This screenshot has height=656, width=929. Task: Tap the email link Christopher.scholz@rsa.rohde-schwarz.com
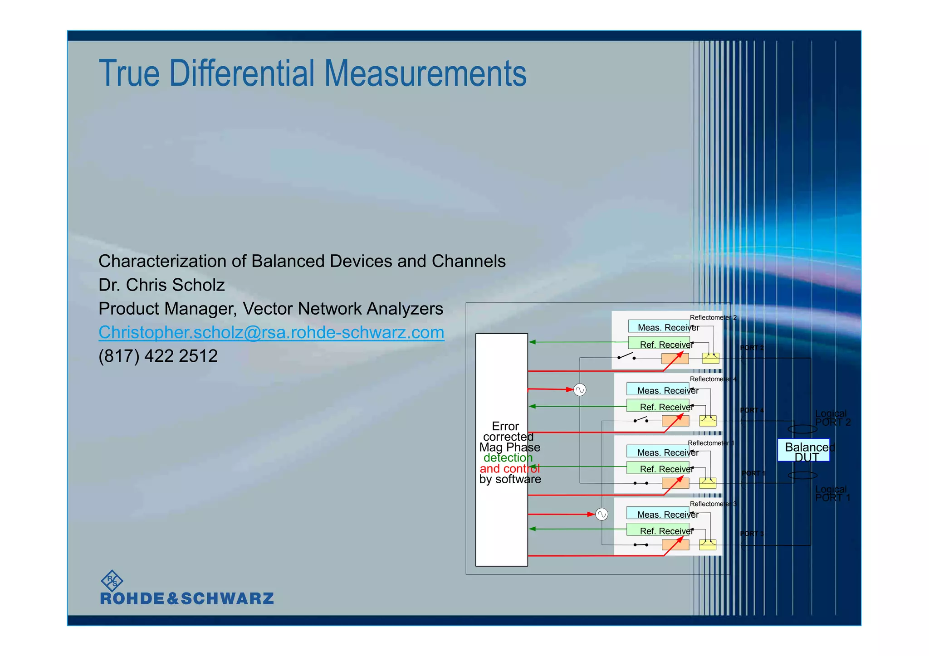tap(271, 332)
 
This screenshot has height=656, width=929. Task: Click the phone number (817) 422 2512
tap(158, 356)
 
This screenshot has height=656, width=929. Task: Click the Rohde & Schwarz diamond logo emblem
tap(111, 581)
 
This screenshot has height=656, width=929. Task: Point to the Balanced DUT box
tap(803, 450)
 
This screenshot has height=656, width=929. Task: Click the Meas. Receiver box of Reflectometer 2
tap(659, 326)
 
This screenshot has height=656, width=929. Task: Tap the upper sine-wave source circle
tap(580, 390)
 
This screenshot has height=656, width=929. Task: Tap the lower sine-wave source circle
tap(601, 515)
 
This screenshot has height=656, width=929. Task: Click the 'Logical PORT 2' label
tap(832, 418)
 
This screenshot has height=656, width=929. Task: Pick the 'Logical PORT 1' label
tap(832, 494)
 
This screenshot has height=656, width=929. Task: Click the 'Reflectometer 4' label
tap(713, 379)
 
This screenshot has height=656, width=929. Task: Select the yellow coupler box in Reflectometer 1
tap(708, 483)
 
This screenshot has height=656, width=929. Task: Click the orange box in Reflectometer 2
tap(675, 359)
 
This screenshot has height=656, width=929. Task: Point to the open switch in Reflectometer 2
tap(626, 356)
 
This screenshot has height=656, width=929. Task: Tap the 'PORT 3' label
tap(752, 534)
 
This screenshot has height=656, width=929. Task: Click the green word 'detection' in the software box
tap(508, 458)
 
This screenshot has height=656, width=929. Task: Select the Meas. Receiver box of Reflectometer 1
tap(658, 452)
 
